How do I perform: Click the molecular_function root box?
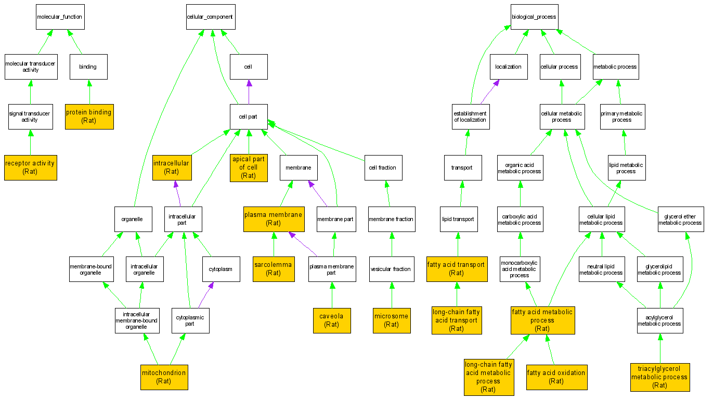59,17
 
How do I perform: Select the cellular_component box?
210,17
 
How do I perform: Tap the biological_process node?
534,17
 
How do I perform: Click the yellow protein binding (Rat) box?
89,116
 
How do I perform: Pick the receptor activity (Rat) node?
30,168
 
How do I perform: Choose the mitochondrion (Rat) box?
164,377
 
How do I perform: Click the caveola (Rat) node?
331,320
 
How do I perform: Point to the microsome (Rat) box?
392,320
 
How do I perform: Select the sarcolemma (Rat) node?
274,268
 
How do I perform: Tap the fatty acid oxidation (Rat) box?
556,377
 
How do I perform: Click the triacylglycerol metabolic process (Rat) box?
659,377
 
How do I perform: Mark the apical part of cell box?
249,168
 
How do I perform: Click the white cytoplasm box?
221,269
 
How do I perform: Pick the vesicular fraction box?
392,269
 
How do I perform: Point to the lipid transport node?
458,219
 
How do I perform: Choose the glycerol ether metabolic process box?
680,219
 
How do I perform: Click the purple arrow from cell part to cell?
249,92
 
